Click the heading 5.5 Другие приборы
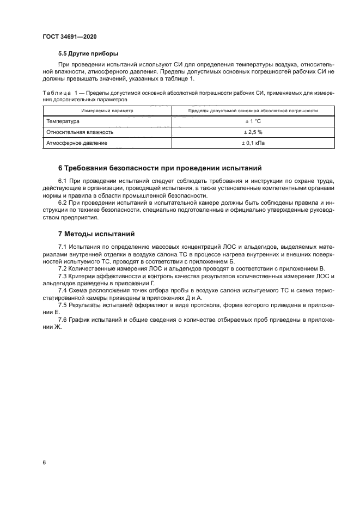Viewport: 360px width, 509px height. [x=88, y=53]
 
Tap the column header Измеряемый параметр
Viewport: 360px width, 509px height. [x=107, y=111]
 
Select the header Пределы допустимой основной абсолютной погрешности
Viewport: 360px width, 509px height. [x=253, y=111]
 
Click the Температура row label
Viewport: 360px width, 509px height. [x=63, y=121]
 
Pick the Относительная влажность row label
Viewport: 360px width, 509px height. [x=80, y=132]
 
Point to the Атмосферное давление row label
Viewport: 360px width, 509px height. [x=77, y=143]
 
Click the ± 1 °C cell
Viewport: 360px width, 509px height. [x=253, y=121]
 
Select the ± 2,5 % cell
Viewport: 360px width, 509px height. [x=253, y=132]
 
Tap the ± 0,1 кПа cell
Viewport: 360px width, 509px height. [x=253, y=143]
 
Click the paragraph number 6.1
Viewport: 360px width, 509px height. [x=63, y=181]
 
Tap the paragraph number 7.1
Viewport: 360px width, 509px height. [x=63, y=248]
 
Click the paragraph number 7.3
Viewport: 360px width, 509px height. [x=63, y=276]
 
